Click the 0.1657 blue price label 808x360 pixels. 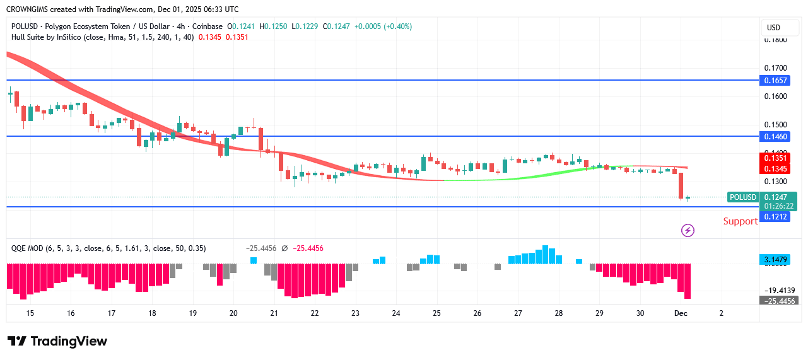(775, 81)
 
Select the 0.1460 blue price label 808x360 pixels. (775, 136)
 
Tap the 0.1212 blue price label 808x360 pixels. (775, 217)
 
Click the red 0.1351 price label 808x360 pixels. (775, 159)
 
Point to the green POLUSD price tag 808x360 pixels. (742, 197)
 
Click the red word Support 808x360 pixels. (740, 221)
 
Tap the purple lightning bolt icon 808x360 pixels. (688, 230)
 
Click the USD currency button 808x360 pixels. (773, 28)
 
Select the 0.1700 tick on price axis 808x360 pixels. (775, 68)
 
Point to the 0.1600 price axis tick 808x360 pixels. (775, 96)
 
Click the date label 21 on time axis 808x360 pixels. (274, 313)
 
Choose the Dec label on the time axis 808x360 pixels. (680, 313)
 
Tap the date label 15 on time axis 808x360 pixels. (30, 313)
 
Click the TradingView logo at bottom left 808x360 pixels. (57, 341)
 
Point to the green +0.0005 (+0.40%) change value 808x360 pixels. (383, 26)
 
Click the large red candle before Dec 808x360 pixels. (681, 185)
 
